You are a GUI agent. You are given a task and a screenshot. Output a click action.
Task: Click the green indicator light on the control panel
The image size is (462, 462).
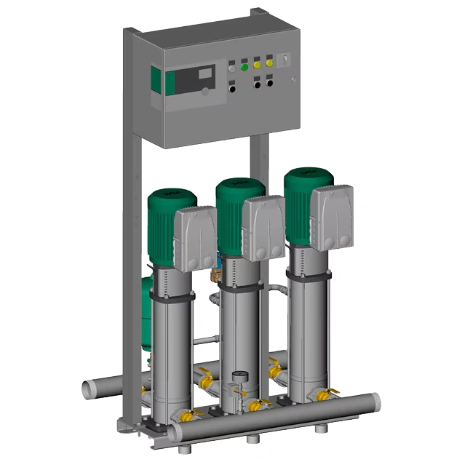[x=244, y=67]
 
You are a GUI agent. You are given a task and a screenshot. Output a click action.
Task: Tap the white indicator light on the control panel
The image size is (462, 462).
[x=232, y=68]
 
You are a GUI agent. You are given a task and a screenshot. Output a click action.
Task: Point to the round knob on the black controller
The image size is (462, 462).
[x=206, y=92]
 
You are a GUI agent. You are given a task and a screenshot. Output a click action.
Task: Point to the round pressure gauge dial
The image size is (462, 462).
[x=237, y=378]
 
